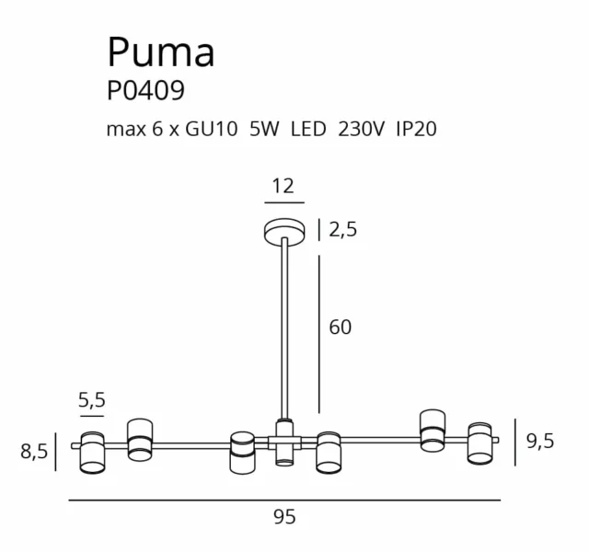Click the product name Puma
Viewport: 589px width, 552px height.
point(161,52)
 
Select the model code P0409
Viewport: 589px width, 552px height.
point(145,91)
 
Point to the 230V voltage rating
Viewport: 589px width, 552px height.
point(360,130)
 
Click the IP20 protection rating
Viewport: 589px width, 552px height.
point(415,130)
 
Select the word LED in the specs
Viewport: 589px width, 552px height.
point(308,130)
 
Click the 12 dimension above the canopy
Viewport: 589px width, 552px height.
point(283,186)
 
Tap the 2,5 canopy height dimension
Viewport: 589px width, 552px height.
point(342,231)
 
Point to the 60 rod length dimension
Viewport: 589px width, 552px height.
point(341,327)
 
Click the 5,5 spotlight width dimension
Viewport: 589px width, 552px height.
point(92,400)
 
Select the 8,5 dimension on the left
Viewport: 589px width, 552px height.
point(34,452)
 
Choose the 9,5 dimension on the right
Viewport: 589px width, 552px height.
point(540,442)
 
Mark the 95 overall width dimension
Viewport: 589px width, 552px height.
point(284,517)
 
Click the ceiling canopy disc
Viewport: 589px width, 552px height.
point(283,231)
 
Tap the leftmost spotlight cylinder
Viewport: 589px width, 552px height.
point(92,453)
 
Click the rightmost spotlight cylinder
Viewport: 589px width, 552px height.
point(480,443)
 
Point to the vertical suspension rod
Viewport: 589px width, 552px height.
point(284,331)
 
